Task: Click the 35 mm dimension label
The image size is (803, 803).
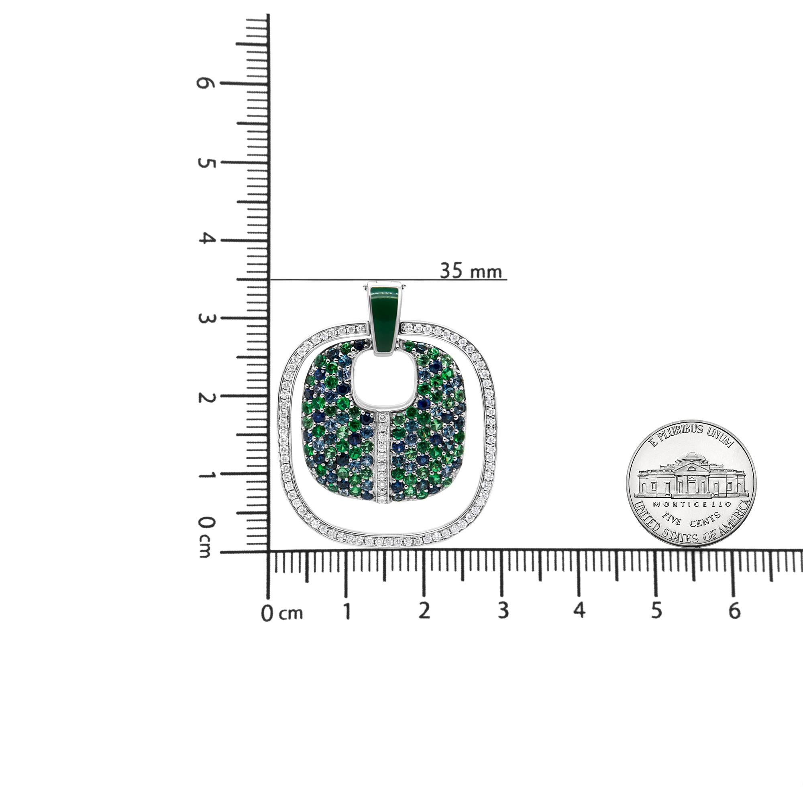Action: [471, 271]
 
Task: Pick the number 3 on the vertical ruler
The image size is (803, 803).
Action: [204, 319]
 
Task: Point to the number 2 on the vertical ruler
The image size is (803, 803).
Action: [204, 397]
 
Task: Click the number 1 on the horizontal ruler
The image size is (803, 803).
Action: [346, 611]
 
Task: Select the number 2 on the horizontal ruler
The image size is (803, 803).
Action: [424, 611]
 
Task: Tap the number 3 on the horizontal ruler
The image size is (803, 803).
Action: [503, 611]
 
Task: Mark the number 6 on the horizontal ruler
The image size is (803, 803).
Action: [735, 611]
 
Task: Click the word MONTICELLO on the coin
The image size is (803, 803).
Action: [692, 504]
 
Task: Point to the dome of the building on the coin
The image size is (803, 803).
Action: [692, 457]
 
